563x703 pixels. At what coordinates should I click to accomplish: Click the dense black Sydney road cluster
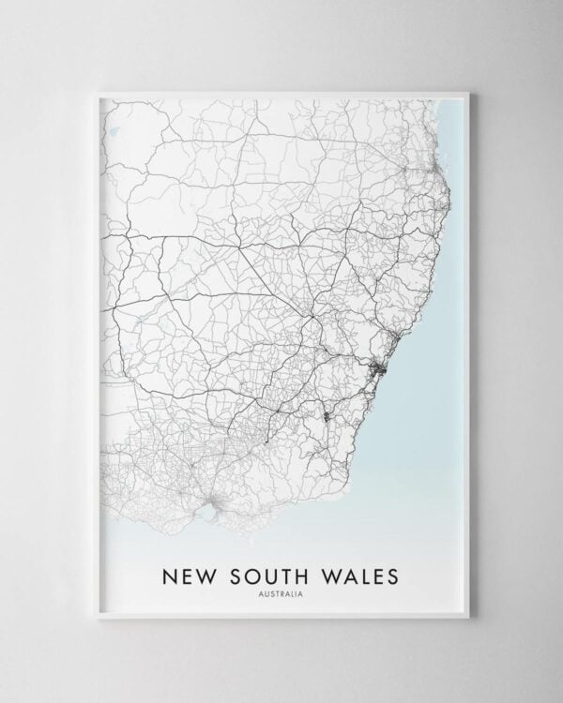click(379, 371)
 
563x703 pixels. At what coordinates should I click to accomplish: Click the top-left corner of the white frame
click(96, 90)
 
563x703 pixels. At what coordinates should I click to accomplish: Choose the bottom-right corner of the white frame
click(468, 618)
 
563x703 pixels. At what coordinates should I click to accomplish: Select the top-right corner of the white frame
click(468, 90)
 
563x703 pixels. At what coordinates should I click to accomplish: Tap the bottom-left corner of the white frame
click(96, 618)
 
